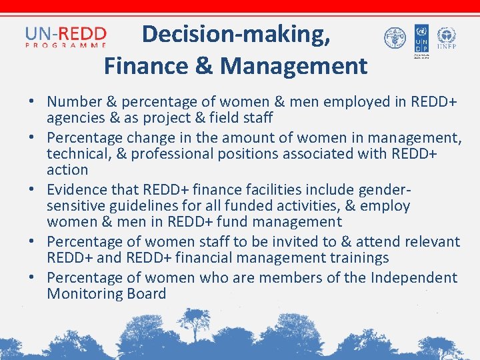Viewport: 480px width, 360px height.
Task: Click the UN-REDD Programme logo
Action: [x=65, y=37]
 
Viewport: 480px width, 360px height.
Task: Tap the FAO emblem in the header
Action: [x=395, y=38]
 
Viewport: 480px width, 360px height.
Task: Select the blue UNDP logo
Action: [x=421, y=39]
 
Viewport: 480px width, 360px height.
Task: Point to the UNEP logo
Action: [x=445, y=38]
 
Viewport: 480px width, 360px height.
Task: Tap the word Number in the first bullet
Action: [x=73, y=102]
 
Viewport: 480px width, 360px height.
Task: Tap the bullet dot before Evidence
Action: [x=32, y=189]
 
